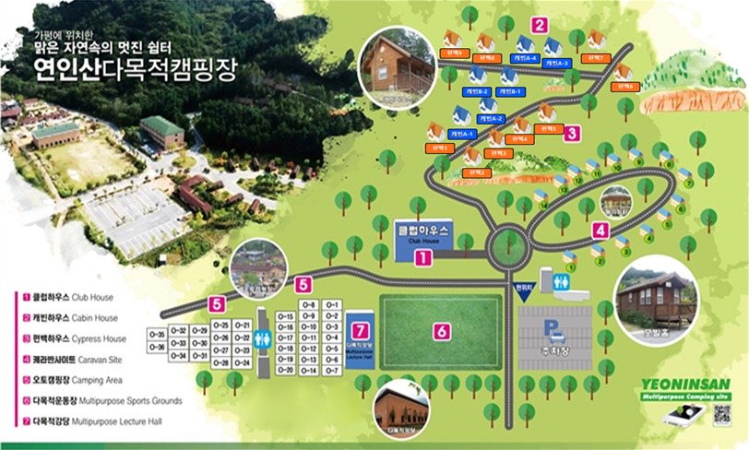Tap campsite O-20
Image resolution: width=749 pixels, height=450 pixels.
(285, 370)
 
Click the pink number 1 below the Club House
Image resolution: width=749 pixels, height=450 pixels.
(422, 258)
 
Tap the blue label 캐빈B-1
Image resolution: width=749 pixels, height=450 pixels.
(511, 92)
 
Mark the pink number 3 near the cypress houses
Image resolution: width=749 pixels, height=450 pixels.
(572, 134)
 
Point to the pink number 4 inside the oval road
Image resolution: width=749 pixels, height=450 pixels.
(600, 231)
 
